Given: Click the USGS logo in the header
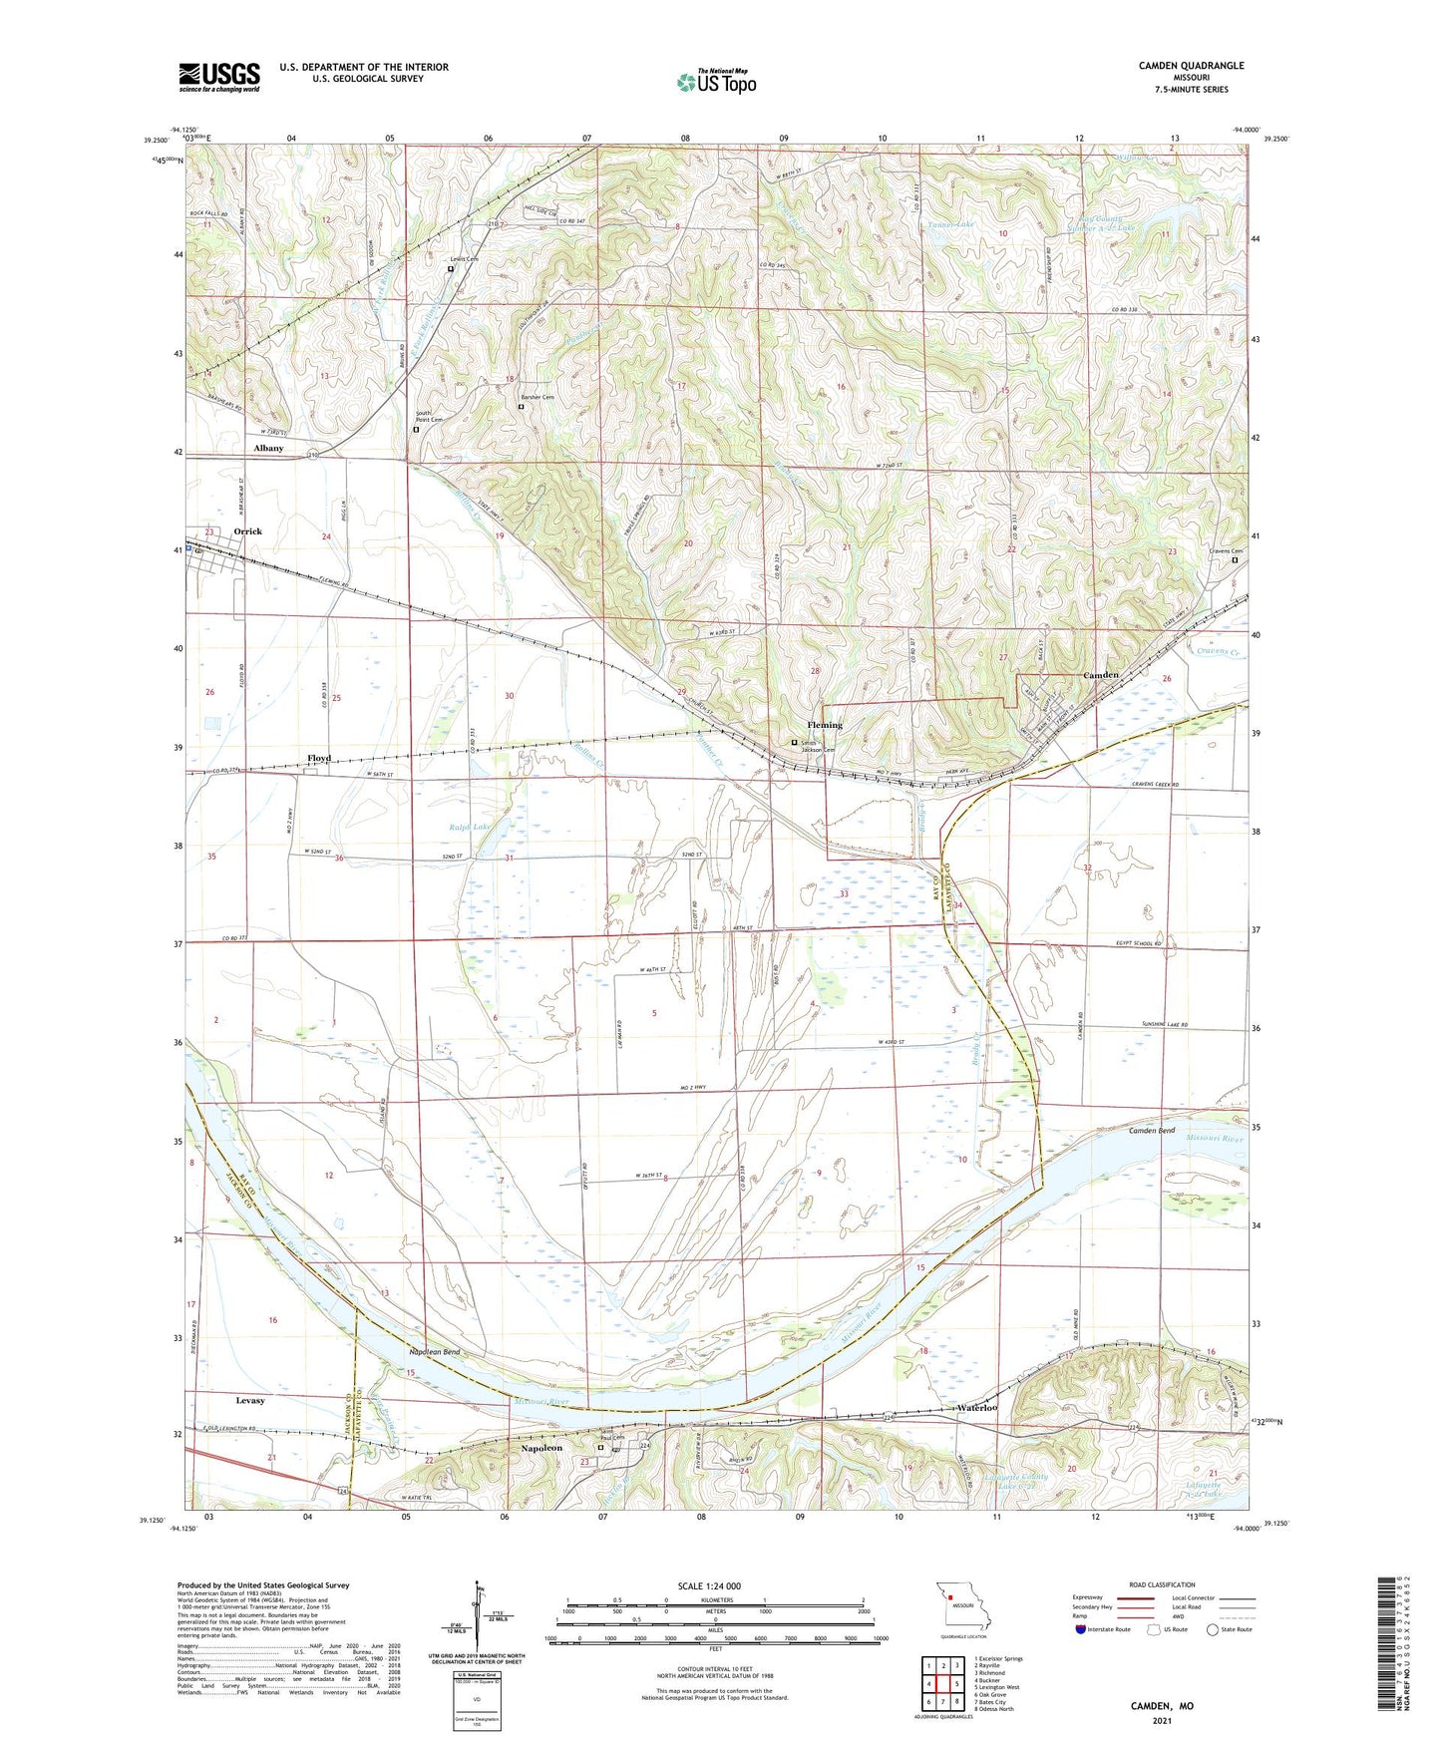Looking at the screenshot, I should [219, 76].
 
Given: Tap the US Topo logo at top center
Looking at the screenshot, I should [715, 82].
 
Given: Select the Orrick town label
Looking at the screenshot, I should [247, 531].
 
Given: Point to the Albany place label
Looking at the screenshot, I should [268, 449].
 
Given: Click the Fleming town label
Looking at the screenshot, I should [825, 725].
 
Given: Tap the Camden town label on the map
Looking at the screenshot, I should [1101, 675].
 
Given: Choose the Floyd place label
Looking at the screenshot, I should [319, 758].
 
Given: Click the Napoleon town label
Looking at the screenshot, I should [541, 1448].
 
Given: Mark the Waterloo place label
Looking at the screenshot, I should [976, 1408].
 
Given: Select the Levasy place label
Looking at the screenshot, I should [250, 1401].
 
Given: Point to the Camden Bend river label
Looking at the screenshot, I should [1152, 1132].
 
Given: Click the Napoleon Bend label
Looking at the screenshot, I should [434, 1352].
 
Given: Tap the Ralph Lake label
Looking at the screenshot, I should [469, 828].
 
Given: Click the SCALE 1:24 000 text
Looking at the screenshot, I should [708, 1585].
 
